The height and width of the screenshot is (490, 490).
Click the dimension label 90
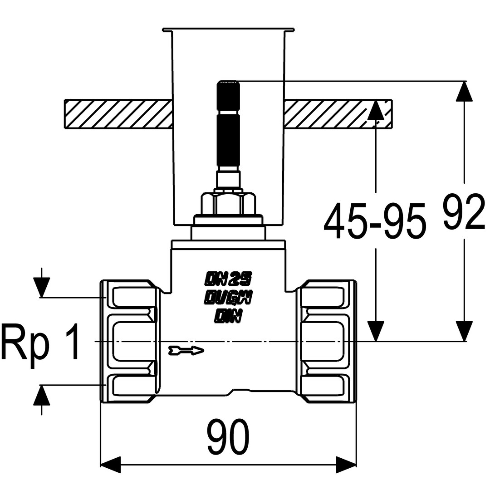point(229,436)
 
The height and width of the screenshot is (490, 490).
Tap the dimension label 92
point(463,212)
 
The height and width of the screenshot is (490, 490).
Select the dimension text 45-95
point(375,220)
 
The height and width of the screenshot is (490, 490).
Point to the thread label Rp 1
point(40,341)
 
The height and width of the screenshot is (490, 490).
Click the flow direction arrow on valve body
point(186,350)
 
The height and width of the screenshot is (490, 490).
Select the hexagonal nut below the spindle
point(228,203)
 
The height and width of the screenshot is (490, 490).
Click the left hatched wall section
point(118,113)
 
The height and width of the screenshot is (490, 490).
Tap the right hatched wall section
point(338,113)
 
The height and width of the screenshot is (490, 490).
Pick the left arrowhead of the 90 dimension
point(110,465)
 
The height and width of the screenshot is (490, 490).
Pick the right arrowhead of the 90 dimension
point(346,465)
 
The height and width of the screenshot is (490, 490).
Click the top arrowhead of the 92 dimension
point(464,91)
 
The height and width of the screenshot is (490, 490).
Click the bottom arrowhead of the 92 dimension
point(464,331)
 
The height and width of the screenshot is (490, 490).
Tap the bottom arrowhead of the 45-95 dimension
point(376,331)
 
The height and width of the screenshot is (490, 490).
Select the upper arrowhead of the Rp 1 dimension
point(41,287)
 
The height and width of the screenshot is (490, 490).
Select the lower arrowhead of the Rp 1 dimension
point(41,395)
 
